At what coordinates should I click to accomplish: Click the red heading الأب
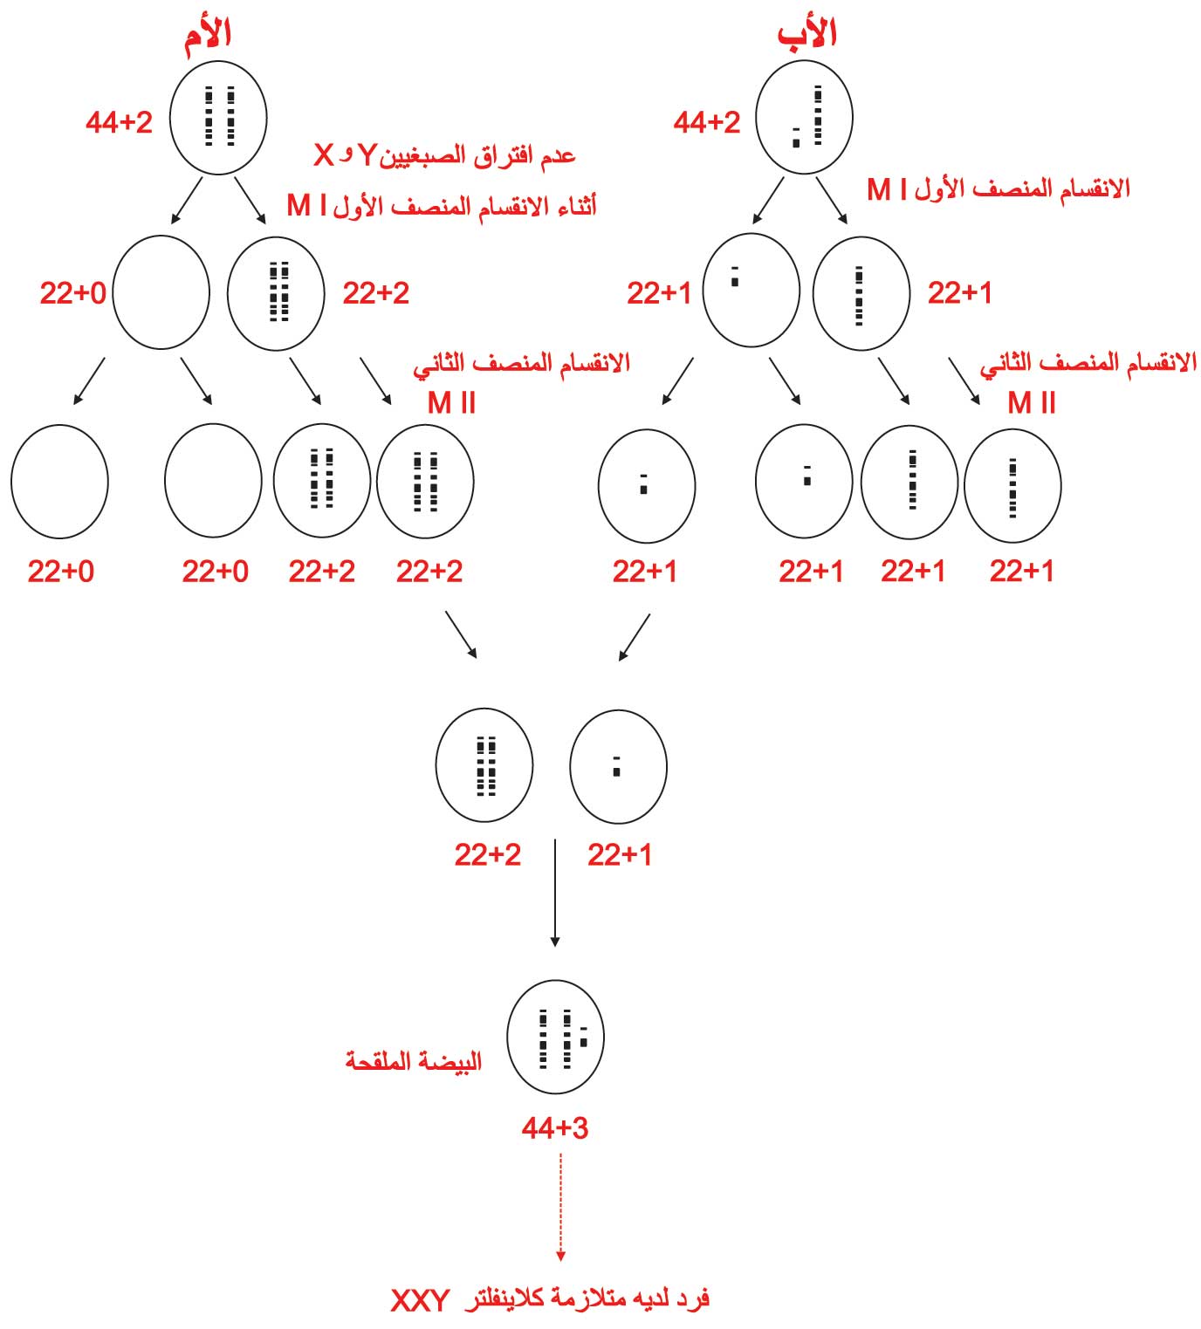806,32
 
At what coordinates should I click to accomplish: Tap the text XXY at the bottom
420,1300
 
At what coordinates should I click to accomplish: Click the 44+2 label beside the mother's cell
120,122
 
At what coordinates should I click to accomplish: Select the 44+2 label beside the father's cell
707,122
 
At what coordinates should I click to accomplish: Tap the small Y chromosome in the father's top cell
796,137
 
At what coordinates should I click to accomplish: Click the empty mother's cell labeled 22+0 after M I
161,292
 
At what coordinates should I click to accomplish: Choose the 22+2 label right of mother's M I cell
376,293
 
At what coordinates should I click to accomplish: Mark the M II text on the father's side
1032,403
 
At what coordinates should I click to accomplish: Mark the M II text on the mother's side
451,403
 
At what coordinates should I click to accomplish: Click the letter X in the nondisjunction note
324,155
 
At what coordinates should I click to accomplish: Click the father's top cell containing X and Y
804,117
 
